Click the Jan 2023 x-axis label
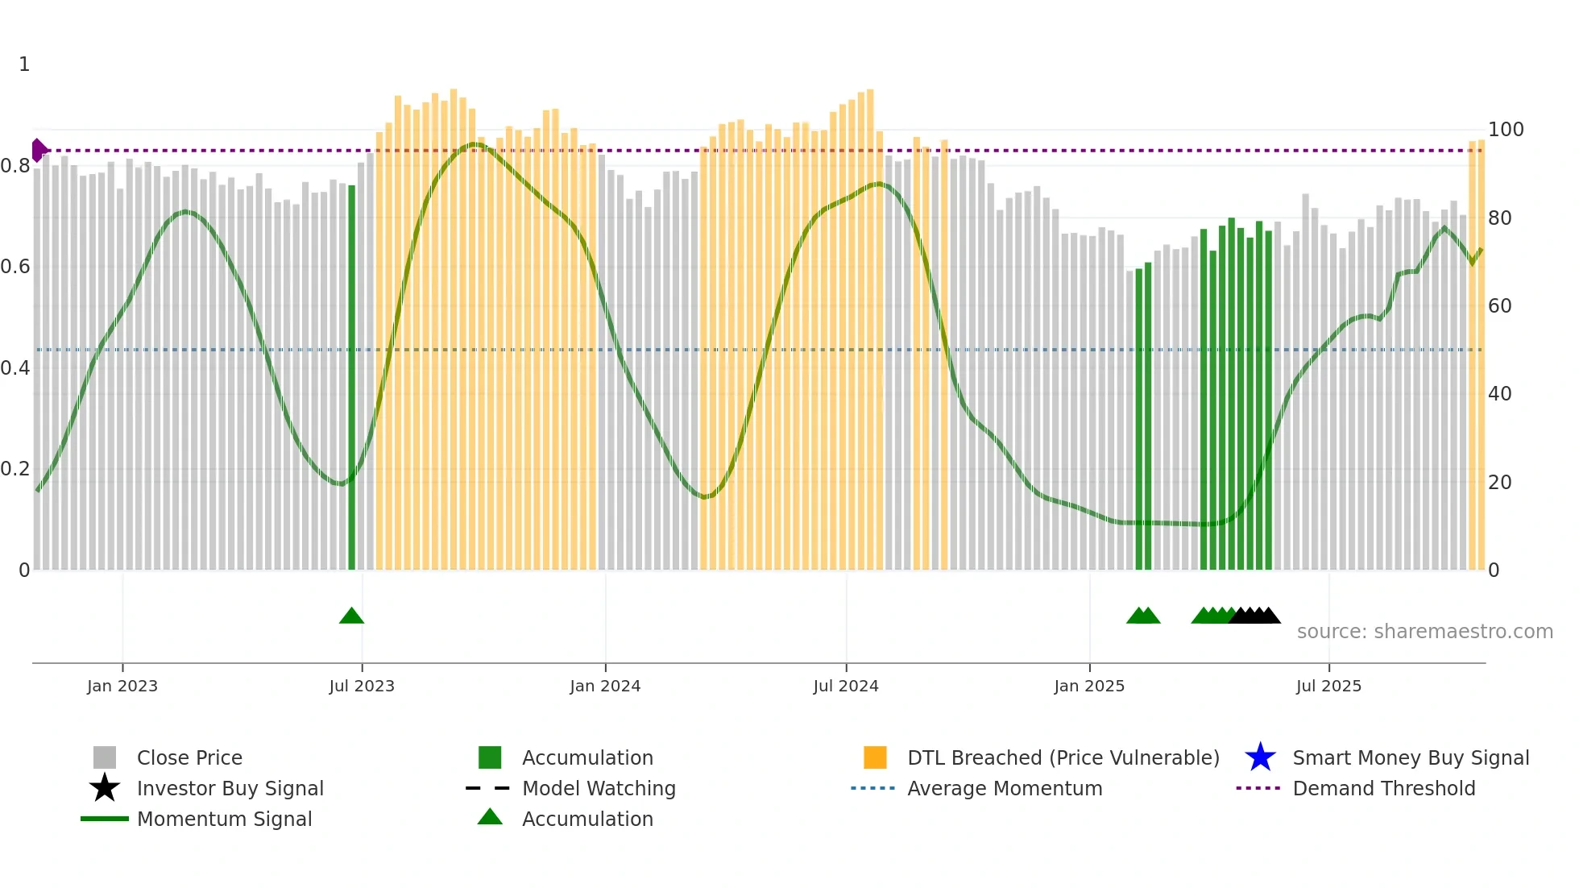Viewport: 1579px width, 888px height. pos(122,686)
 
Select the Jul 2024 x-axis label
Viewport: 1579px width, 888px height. pos(845,686)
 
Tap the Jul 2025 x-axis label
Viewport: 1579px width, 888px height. pos(1328,686)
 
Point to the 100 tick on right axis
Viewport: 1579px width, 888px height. pos(1505,130)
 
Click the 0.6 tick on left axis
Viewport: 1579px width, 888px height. pos(15,267)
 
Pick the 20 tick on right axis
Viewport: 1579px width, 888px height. pos(1499,483)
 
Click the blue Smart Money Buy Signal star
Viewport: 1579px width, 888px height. pos(1260,757)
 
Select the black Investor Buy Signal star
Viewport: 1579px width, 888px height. pos(105,788)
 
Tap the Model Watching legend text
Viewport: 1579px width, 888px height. pos(599,788)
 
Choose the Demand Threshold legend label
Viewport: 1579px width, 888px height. pos(1383,788)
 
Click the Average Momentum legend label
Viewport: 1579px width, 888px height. pos(1005,788)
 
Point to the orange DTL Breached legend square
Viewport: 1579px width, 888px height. pos(875,757)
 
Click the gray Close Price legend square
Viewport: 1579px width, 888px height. pos(105,757)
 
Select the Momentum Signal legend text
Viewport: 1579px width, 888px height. pos(224,819)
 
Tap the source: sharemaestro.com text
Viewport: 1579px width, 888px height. pos(1424,632)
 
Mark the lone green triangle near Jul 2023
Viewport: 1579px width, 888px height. pos(351,616)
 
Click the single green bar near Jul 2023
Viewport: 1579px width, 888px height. pos(351,379)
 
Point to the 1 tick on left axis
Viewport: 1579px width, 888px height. pos(24,64)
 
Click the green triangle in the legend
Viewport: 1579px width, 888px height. pos(490,817)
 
